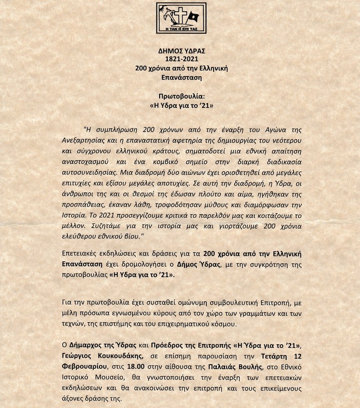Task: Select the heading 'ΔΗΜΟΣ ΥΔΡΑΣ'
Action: (x=180, y=50)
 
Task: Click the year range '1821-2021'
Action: (x=180, y=59)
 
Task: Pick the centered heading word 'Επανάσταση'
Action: (x=180, y=78)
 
